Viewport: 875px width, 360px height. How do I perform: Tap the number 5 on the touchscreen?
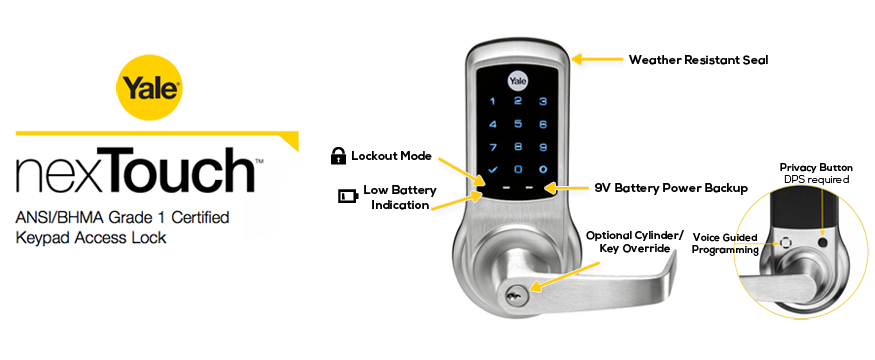tap(517, 124)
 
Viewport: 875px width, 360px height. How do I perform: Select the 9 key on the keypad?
tap(542, 146)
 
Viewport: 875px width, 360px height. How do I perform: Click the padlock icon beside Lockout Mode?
tap(339, 156)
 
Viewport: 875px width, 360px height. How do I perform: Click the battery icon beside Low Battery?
tap(347, 196)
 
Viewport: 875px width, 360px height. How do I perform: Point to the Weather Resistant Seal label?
tap(698, 60)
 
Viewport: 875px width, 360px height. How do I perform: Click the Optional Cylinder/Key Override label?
tap(632, 240)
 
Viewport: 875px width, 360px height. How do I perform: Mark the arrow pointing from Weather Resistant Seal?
tap(598, 60)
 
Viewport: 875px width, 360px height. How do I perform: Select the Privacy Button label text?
tap(816, 166)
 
